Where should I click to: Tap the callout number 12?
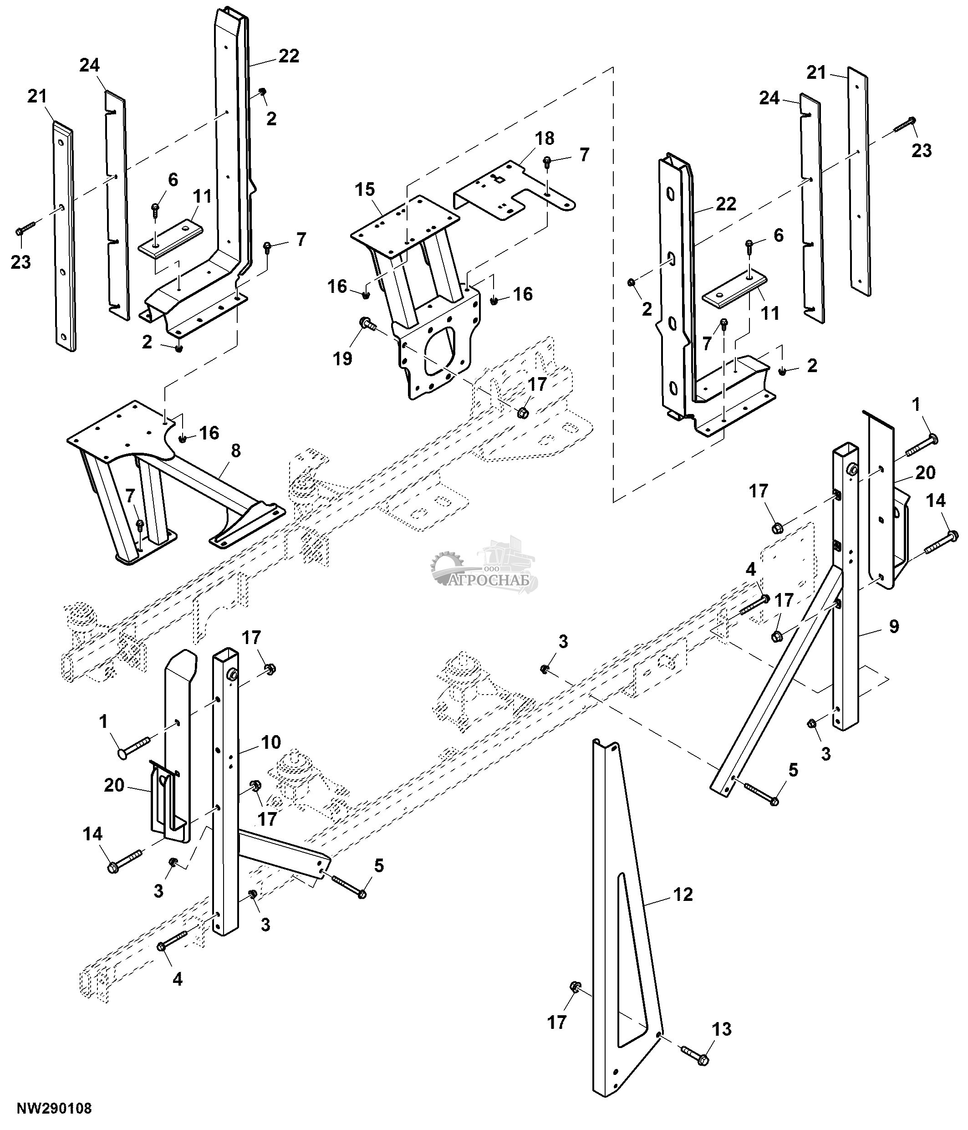click(x=683, y=894)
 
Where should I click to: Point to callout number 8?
click(x=235, y=451)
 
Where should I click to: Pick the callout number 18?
click(x=545, y=138)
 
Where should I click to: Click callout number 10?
click(x=270, y=741)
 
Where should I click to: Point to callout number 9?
click(x=893, y=627)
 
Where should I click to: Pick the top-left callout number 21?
click(x=37, y=97)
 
